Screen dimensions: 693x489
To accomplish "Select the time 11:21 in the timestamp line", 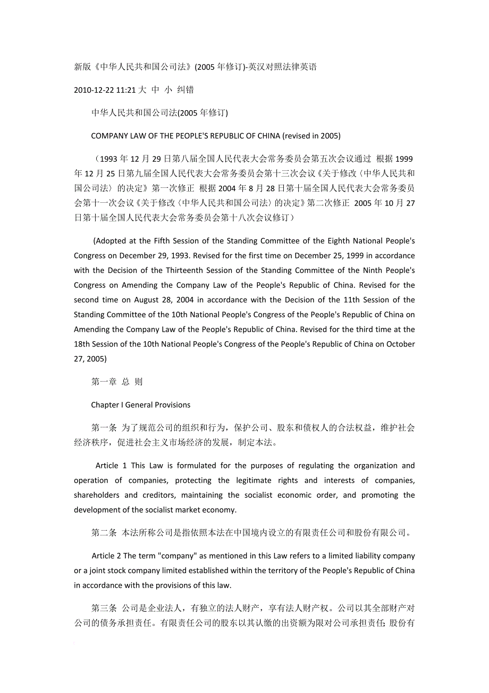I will click(127, 90).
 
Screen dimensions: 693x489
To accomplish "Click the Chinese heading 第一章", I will click(104, 382).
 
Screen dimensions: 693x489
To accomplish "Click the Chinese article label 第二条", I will click(104, 532).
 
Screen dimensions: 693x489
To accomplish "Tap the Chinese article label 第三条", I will click(104, 608).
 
